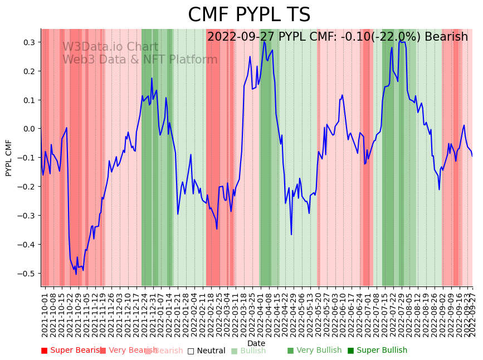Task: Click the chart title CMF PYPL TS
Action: click(249, 15)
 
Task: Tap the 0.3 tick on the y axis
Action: click(30, 42)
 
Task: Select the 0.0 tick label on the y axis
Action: click(30, 129)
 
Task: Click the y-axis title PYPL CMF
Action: click(9, 158)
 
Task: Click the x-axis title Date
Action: click(256, 343)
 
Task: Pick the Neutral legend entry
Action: click(207, 351)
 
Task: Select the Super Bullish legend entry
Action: click(378, 351)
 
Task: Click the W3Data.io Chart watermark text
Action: click(110, 47)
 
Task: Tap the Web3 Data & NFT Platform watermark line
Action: click(140, 60)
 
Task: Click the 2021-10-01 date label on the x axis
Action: click(45, 315)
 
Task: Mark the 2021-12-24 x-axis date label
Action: click(145, 315)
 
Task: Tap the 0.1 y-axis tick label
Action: click(30, 100)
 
